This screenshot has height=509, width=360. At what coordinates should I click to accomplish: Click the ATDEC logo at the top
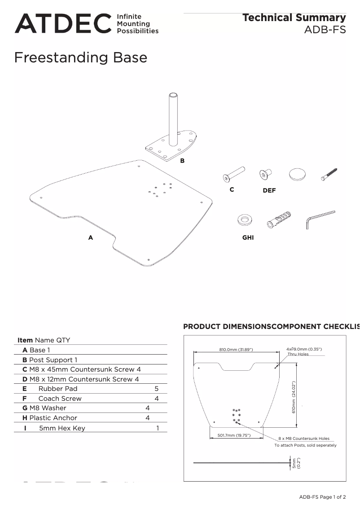(x=63, y=23)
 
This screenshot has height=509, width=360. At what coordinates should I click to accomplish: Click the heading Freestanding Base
(x=81, y=57)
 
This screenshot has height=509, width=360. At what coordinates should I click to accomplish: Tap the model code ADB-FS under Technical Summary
(x=325, y=30)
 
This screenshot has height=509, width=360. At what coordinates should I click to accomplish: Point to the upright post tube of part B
(x=173, y=117)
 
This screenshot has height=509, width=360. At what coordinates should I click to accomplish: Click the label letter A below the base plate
(x=91, y=237)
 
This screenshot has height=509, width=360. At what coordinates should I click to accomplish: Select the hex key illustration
(x=320, y=218)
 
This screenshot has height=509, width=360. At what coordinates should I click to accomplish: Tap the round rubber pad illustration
(x=297, y=175)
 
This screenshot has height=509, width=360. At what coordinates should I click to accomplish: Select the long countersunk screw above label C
(x=233, y=174)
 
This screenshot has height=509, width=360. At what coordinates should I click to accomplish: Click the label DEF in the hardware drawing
(x=269, y=190)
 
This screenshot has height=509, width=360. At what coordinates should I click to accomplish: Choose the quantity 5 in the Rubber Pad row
(x=157, y=389)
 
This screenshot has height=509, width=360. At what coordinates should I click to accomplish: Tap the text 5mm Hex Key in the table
(x=62, y=428)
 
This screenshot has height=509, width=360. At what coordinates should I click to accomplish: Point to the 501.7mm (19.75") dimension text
(x=234, y=435)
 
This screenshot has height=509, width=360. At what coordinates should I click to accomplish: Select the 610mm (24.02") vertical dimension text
(x=294, y=397)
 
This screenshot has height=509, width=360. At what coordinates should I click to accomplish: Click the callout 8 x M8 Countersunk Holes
(x=303, y=439)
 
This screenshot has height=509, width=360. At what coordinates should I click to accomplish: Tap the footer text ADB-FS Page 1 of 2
(x=322, y=497)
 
